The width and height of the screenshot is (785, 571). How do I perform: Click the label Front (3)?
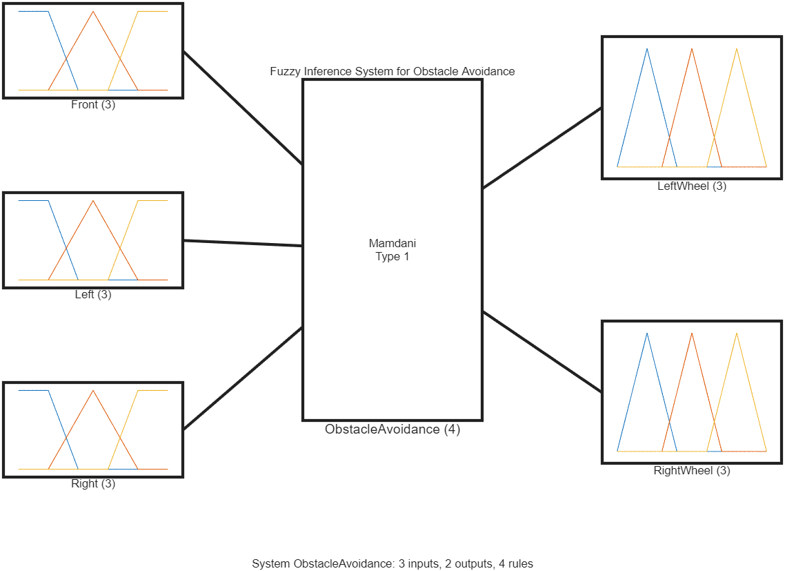coord(93,105)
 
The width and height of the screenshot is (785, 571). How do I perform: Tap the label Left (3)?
coord(93,294)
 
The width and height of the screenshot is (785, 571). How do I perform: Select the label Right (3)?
coord(93,483)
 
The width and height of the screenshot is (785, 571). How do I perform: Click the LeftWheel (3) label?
coord(692,186)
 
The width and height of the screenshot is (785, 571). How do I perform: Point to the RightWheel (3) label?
coord(692,470)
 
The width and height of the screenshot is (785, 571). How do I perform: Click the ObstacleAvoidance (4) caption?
coord(392,429)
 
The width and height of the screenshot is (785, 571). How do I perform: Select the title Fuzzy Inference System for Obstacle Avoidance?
coord(392,71)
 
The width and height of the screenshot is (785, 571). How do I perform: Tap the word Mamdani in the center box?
coord(392,243)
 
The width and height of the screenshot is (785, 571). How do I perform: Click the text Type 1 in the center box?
coord(392,256)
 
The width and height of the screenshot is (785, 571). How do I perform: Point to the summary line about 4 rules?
coord(392,563)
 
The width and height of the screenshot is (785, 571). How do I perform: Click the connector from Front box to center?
coord(243,108)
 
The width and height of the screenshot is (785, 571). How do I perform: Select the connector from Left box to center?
coord(243,243)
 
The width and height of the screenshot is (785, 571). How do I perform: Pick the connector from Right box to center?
coord(243,378)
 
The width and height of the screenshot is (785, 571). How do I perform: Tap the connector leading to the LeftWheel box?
coord(541,148)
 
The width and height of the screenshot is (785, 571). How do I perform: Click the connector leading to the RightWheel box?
coord(541,352)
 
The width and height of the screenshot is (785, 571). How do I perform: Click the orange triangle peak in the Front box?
coord(93,12)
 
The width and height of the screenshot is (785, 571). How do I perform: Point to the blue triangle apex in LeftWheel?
coord(647,49)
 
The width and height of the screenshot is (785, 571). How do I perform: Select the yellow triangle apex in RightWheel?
coord(737,333)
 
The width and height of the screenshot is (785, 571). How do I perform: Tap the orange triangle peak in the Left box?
coord(93,201)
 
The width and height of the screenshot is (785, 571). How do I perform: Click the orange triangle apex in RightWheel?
coord(692,333)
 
